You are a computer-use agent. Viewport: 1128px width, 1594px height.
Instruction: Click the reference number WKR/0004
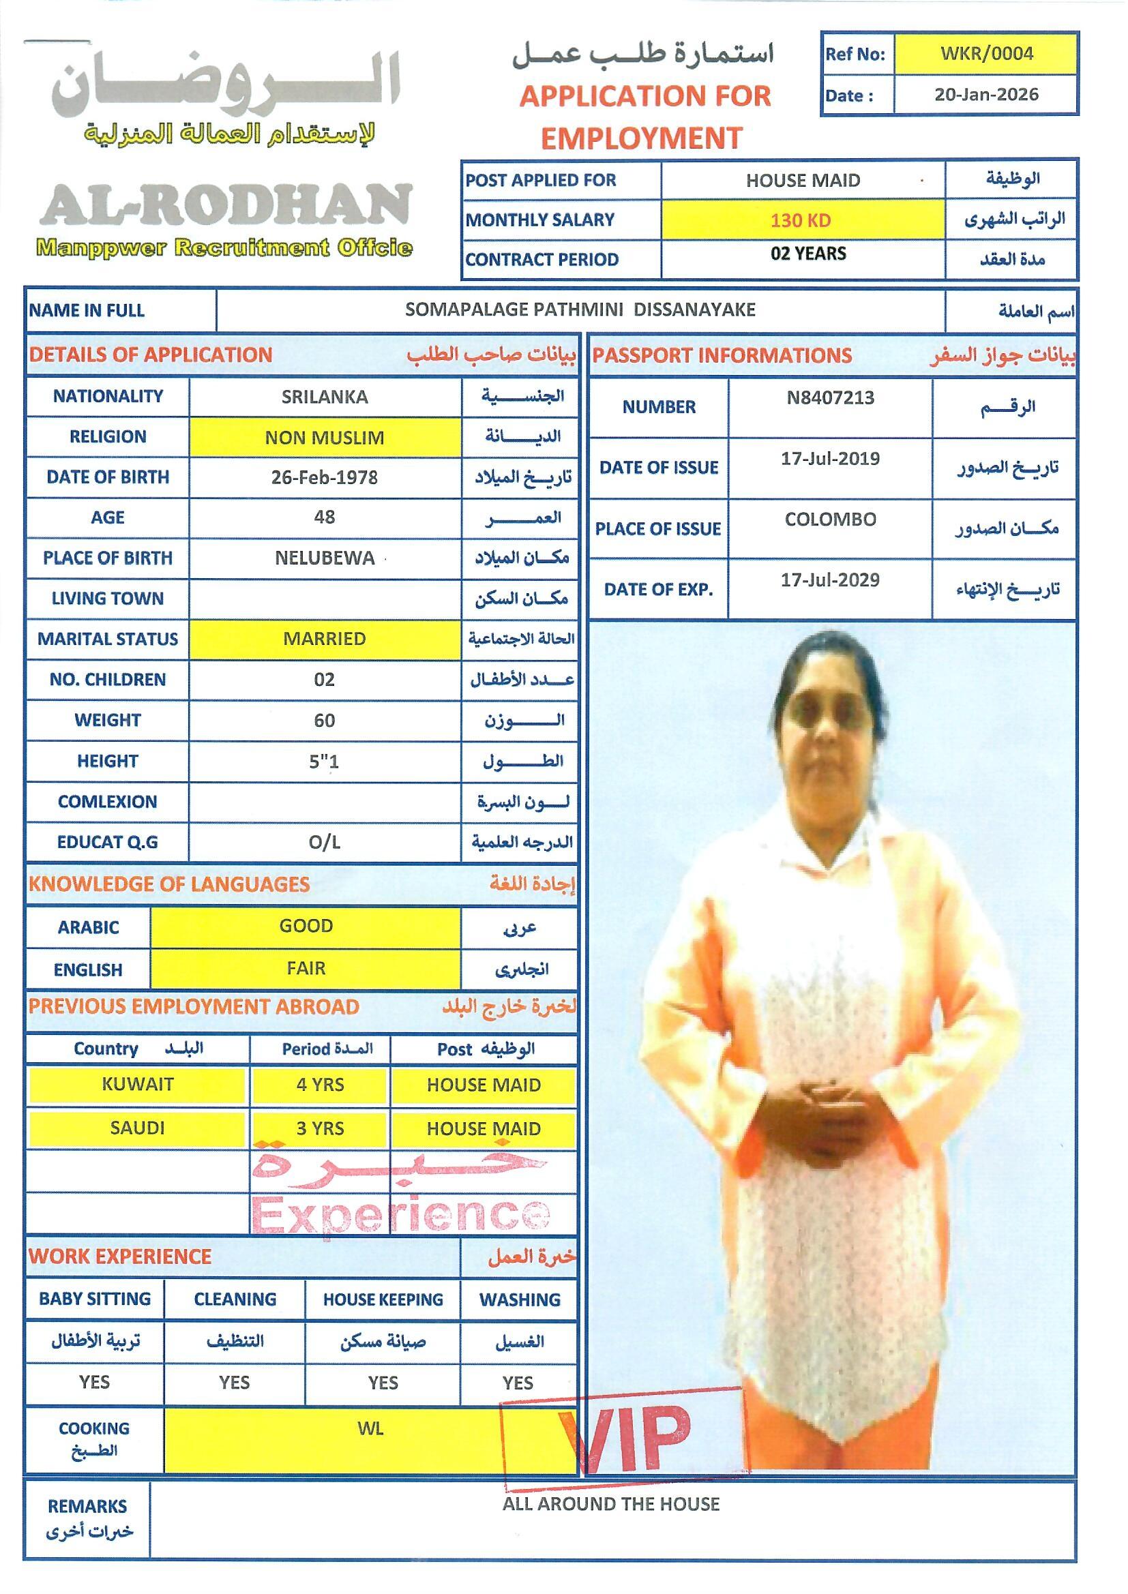pyautogui.click(x=986, y=54)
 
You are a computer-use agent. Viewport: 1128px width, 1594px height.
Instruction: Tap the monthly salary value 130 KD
pyautogui.click(x=801, y=221)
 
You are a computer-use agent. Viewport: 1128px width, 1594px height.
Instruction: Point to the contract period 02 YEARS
pyautogui.click(x=807, y=254)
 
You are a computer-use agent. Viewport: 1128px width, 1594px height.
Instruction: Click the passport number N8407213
pyautogui.click(x=830, y=398)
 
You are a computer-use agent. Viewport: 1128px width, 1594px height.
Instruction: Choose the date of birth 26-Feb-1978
pyautogui.click(x=325, y=478)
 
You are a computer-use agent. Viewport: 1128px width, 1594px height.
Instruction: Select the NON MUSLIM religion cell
pyautogui.click(x=325, y=438)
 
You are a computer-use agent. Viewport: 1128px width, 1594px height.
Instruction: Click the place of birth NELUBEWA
pyautogui.click(x=325, y=558)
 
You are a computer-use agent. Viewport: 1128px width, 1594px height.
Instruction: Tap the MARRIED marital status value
pyautogui.click(x=325, y=639)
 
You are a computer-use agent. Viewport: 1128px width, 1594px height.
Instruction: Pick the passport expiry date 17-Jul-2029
pyautogui.click(x=830, y=580)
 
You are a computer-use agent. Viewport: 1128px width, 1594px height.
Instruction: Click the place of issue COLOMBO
pyautogui.click(x=830, y=520)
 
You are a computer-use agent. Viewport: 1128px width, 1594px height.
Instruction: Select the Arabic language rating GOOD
pyautogui.click(x=306, y=926)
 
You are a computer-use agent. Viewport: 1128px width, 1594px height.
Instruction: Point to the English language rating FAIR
pyautogui.click(x=306, y=968)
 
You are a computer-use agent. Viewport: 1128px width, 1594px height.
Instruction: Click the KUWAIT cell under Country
pyautogui.click(x=138, y=1085)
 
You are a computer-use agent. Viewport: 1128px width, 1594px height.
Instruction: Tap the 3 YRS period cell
pyautogui.click(x=321, y=1129)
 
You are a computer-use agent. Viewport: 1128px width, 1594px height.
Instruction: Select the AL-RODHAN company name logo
pyautogui.click(x=226, y=205)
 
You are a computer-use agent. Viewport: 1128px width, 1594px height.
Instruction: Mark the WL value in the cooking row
pyautogui.click(x=370, y=1429)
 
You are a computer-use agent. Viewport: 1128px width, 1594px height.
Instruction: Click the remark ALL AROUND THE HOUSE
pyautogui.click(x=610, y=1505)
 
